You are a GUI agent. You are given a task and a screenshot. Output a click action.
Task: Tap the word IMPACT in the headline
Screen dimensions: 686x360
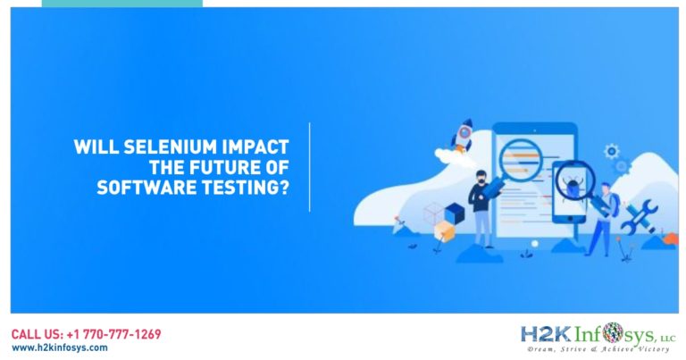click(x=255, y=147)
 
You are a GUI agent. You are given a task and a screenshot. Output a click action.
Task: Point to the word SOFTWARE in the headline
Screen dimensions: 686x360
click(x=146, y=188)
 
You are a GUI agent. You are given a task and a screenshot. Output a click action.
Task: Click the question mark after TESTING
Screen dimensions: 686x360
click(x=284, y=188)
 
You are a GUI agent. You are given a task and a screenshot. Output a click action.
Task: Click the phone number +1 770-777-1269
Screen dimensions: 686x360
click(x=113, y=335)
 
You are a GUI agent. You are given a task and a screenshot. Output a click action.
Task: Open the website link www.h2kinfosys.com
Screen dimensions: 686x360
click(x=60, y=347)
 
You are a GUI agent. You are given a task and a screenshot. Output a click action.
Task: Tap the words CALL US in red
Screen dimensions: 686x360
click(x=37, y=335)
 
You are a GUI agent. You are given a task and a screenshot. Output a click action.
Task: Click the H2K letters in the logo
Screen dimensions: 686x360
click(x=545, y=335)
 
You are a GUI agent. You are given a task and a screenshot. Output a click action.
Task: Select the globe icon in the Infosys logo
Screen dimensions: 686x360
click(x=613, y=333)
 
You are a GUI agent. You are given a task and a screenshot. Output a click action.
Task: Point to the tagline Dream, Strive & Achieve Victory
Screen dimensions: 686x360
click(x=598, y=349)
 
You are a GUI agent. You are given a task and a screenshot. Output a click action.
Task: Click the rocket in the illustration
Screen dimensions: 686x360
click(x=463, y=135)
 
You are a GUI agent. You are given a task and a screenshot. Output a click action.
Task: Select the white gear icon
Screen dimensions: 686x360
click(x=612, y=151)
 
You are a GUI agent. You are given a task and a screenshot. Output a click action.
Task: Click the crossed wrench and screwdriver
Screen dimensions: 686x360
click(x=640, y=216)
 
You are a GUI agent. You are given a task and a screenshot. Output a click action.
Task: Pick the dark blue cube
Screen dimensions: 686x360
click(x=455, y=213)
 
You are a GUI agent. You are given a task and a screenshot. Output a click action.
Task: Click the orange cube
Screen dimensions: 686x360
click(x=445, y=230)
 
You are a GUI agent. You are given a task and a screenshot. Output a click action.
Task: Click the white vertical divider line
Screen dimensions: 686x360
click(x=310, y=167)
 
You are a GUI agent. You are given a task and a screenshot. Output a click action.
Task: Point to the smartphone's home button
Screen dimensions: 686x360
click(x=569, y=218)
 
